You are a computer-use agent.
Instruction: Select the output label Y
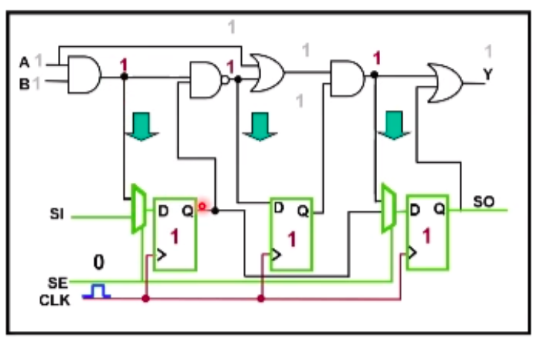coord(488,74)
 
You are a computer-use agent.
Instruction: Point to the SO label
coord(483,202)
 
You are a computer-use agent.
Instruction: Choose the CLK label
coord(59,300)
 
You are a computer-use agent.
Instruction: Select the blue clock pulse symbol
coord(97,292)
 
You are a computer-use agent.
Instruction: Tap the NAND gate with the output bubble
coord(206,79)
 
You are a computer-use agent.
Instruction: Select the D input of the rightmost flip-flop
coord(414,210)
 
